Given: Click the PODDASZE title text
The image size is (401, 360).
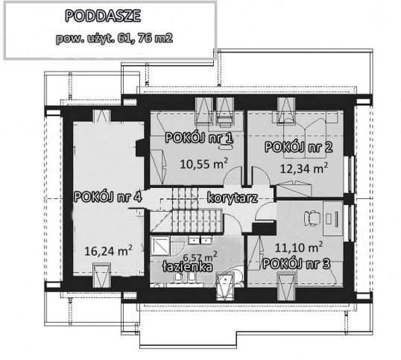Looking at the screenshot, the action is pos(103,16).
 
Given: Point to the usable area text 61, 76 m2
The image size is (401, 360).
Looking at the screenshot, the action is pos(145,38).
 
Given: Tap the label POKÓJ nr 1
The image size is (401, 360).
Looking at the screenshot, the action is pos(199,139).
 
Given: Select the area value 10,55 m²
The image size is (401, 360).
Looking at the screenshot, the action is pos(203,164).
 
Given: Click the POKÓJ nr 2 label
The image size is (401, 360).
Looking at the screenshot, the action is pos(299,148).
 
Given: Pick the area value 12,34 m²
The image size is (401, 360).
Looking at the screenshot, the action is pos(304,168).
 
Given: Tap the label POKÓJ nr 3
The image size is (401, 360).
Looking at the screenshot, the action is pos(297,264).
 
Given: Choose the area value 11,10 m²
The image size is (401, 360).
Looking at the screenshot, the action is pos(299,247).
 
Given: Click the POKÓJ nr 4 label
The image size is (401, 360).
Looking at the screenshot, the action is pos(107,197).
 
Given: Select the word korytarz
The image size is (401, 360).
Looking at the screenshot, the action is pos(233,198).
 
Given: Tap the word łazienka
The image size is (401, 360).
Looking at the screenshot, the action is pos(188,267).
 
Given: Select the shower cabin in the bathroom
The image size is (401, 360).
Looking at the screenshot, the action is pos(160,246).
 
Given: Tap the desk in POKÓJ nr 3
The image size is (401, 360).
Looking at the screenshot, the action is pos(332,218).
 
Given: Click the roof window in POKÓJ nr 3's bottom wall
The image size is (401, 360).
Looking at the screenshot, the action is pos(286,286).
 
